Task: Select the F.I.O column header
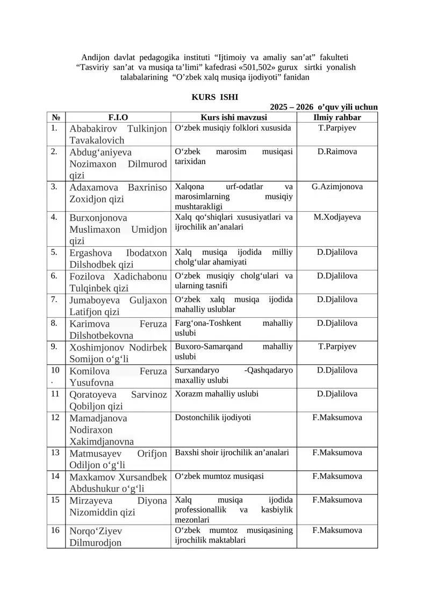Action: (118, 117)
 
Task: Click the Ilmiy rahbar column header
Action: (337, 117)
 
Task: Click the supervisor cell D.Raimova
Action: (337, 152)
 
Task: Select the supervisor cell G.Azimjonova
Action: (337, 187)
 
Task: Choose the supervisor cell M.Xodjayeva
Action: (337, 217)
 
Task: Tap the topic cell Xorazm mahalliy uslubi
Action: (217, 394)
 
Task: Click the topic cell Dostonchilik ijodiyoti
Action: (213, 417)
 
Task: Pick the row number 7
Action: (54, 299)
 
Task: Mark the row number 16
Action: (55, 531)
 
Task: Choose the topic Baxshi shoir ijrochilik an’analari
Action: (232, 452)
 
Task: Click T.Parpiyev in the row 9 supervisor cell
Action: (337, 347)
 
